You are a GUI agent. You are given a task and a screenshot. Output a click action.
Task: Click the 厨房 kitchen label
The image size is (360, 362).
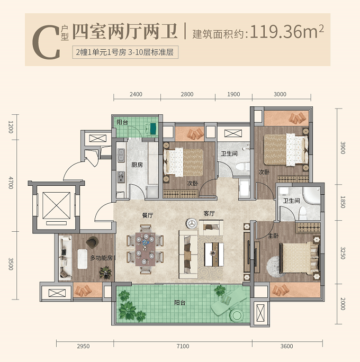137,165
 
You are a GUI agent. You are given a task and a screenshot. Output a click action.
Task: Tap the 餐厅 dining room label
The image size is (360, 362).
148,215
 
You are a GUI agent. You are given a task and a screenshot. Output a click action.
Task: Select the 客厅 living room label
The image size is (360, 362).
209,214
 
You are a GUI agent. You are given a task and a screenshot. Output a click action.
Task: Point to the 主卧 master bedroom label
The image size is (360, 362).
273,236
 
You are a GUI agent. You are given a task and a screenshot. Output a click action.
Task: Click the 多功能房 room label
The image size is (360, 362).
101,258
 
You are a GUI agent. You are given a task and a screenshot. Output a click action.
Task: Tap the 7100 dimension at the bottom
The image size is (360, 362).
183,346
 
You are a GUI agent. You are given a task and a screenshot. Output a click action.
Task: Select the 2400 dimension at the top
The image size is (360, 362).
136,94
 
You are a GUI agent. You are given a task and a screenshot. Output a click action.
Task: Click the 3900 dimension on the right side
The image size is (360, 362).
343,148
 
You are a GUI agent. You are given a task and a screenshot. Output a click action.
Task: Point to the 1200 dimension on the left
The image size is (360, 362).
11,127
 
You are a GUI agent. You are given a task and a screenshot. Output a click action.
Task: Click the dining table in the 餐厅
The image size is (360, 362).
145,249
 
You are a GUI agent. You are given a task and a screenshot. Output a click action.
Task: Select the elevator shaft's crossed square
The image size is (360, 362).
56,206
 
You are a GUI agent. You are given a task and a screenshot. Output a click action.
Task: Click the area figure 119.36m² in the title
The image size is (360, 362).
287,31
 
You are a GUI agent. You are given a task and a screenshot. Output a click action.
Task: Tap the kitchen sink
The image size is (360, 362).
121,155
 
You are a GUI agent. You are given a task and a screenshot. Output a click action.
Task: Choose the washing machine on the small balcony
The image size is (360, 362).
151,128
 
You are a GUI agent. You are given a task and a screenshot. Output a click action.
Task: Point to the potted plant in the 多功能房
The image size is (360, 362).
106,273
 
